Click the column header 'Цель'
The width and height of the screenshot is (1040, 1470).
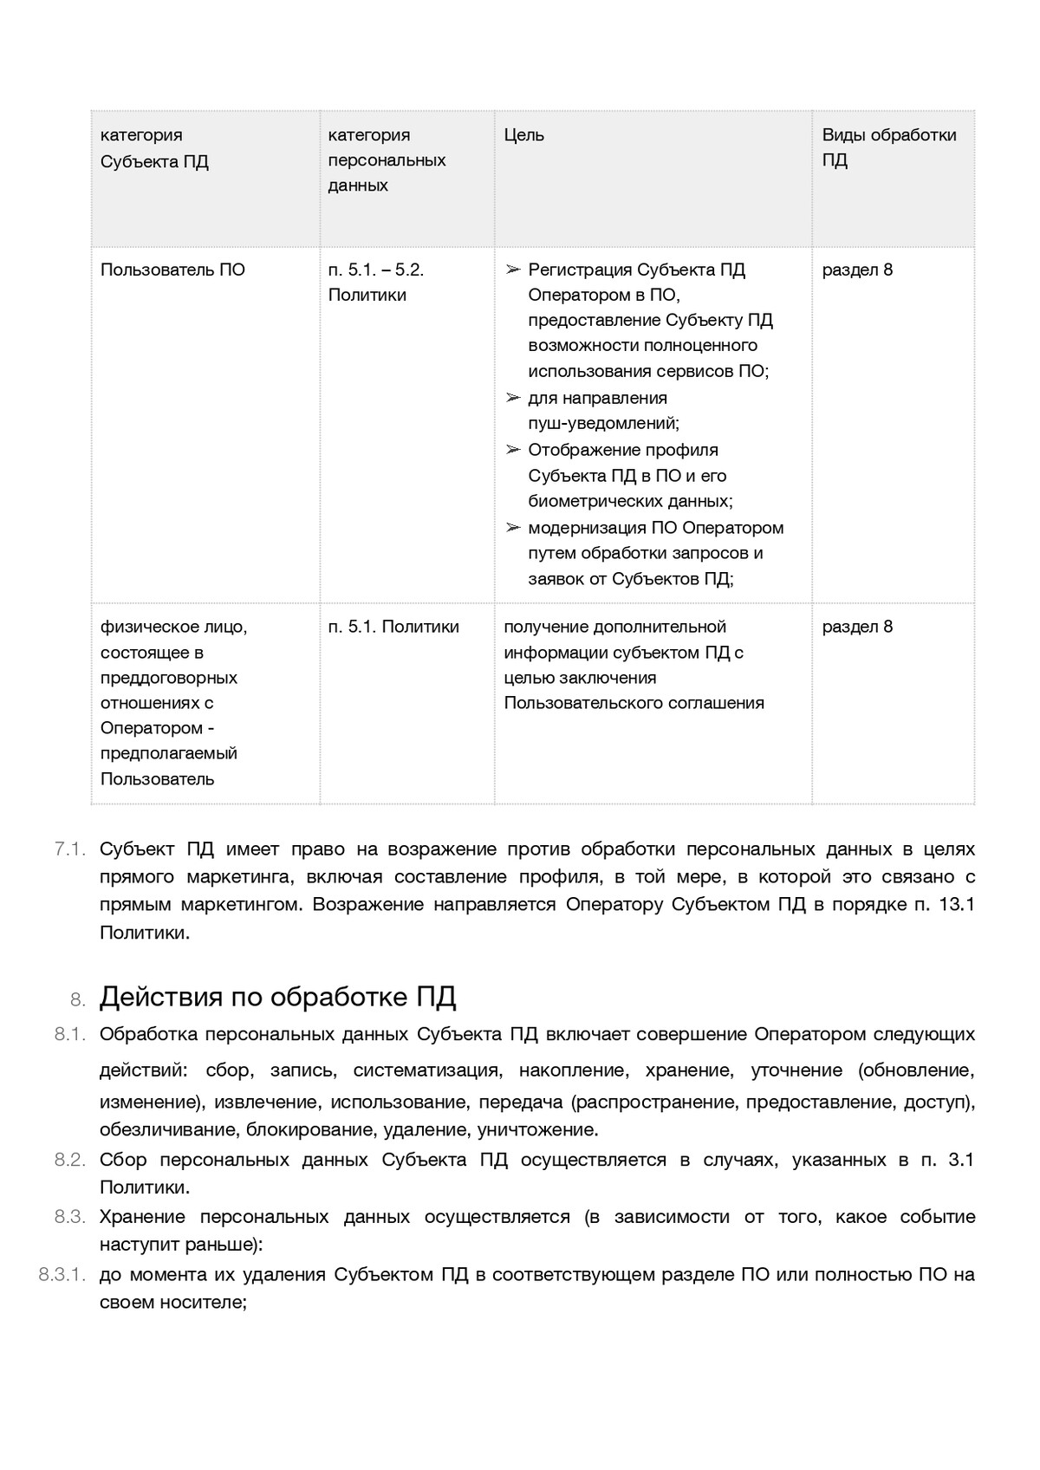click(x=524, y=135)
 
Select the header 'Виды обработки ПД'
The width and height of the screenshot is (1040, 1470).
click(x=888, y=147)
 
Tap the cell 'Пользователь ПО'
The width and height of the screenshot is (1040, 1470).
click(x=172, y=270)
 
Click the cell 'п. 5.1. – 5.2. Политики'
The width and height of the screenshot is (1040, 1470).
click(x=376, y=282)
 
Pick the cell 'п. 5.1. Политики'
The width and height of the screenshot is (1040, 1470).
click(x=393, y=627)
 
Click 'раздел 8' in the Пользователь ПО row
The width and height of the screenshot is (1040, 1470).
click(x=857, y=270)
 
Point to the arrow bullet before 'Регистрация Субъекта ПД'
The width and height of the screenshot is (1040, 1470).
click(x=513, y=270)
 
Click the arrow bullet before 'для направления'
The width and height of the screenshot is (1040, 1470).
click(x=513, y=399)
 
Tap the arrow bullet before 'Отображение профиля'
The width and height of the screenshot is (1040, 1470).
click(x=513, y=451)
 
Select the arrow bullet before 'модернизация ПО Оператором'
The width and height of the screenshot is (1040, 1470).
click(x=513, y=528)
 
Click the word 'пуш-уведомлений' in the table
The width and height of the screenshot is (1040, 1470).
click(x=601, y=424)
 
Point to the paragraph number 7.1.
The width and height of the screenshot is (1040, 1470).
click(x=69, y=849)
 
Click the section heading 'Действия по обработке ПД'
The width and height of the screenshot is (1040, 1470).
click(x=277, y=998)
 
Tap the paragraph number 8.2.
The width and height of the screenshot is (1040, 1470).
click(x=69, y=1160)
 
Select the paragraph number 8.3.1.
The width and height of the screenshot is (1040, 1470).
click(x=62, y=1275)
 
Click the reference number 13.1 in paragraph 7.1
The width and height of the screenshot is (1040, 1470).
click(x=957, y=905)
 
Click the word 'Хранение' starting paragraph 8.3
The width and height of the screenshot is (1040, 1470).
click(x=138, y=1217)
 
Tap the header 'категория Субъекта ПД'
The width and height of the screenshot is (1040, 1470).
click(x=154, y=148)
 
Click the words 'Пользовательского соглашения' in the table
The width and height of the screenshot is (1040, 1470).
click(x=634, y=703)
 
